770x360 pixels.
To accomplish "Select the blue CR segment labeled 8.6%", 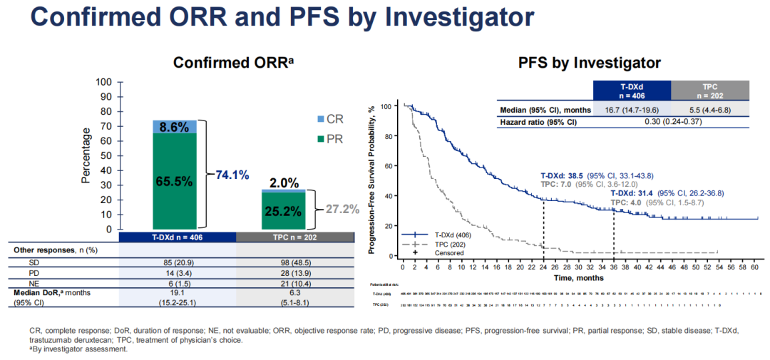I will (x=175, y=127).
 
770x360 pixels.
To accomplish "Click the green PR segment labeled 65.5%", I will (x=175, y=181).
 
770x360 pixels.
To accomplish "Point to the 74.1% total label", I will (x=232, y=175).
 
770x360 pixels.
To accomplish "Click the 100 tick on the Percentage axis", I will (x=103, y=81).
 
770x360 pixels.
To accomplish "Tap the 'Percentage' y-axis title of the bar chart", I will (x=86, y=155).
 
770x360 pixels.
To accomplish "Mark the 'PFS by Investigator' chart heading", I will (x=589, y=63).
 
